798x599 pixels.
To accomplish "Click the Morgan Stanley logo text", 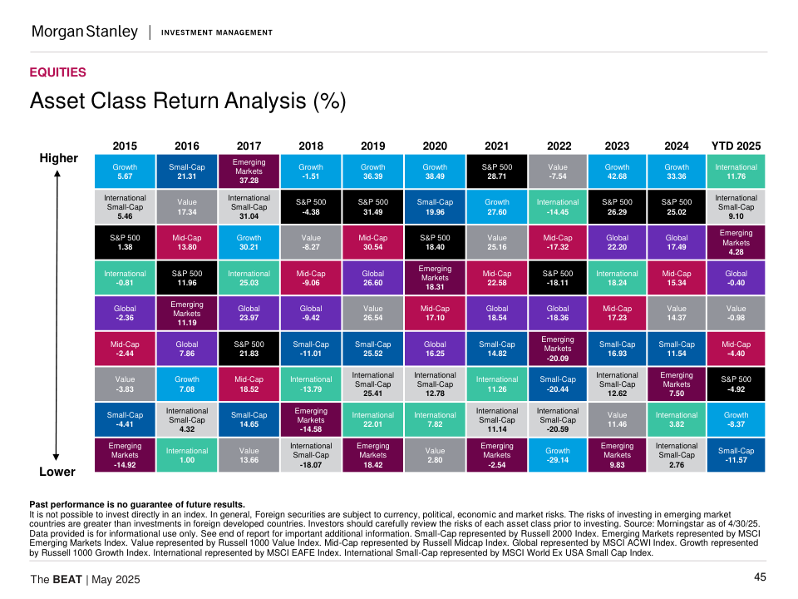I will (x=84, y=32).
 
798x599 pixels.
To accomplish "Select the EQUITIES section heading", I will (x=57, y=72).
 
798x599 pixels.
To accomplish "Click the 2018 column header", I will (x=311, y=146).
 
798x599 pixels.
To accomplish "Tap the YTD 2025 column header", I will (x=736, y=146).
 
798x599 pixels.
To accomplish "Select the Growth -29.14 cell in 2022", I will (x=558, y=455).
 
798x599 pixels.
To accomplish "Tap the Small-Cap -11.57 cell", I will (x=736, y=455).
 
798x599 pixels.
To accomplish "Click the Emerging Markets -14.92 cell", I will (x=125, y=455).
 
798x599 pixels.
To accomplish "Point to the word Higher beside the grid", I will (x=58, y=158).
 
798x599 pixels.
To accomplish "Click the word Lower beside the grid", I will (x=57, y=472).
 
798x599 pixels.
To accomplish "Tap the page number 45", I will (x=760, y=577).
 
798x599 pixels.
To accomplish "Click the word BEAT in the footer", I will (x=66, y=579).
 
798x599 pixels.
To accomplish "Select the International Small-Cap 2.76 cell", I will (x=676, y=455).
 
